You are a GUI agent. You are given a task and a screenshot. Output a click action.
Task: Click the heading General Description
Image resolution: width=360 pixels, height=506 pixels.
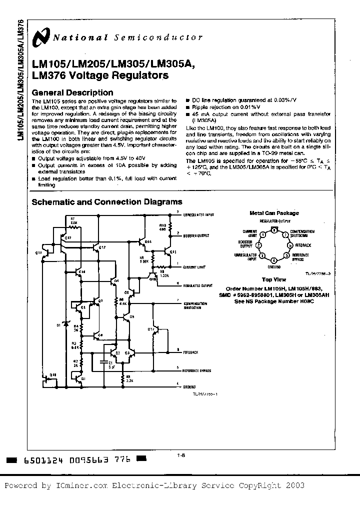coord(72,92)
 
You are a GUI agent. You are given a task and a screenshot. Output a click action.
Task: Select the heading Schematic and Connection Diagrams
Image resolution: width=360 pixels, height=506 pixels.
coord(107,202)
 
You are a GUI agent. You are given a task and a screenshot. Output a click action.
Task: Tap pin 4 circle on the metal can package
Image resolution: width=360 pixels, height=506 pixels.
coord(273,260)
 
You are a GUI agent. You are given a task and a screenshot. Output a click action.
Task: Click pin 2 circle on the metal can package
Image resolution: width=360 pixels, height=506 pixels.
coord(257,245)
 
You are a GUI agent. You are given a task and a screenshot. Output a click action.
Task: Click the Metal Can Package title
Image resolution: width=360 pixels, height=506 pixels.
coord(274,213)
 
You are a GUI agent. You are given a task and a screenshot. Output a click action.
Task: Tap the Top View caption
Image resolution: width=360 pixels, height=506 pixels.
coord(273,280)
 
